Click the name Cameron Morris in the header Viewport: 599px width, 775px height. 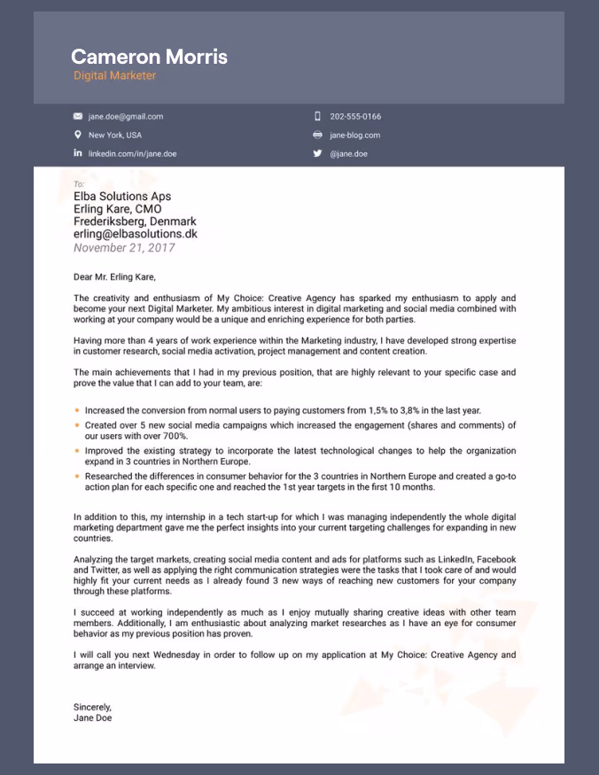[x=149, y=58]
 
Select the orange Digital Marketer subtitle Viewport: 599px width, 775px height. [x=114, y=76]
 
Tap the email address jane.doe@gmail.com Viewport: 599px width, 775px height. [x=125, y=116]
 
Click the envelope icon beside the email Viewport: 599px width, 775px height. [x=78, y=116]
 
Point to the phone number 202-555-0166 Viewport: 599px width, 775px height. [x=355, y=116]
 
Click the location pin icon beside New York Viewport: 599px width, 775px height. [x=78, y=135]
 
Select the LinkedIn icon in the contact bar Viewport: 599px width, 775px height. [x=78, y=153]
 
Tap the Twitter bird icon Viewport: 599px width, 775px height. [x=317, y=153]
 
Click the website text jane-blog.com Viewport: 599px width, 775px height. [x=354, y=135]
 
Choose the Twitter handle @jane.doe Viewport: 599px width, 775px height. [x=348, y=153]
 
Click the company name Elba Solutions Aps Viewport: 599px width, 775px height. [x=122, y=197]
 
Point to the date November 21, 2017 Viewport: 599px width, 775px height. [x=124, y=248]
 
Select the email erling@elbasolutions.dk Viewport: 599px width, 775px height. [x=135, y=235]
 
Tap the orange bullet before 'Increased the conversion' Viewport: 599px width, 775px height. [x=77, y=410]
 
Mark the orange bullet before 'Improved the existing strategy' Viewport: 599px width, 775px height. [x=77, y=451]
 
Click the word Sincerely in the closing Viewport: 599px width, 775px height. [x=93, y=707]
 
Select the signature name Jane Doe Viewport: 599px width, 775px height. [x=93, y=718]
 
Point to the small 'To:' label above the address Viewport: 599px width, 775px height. [x=79, y=184]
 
